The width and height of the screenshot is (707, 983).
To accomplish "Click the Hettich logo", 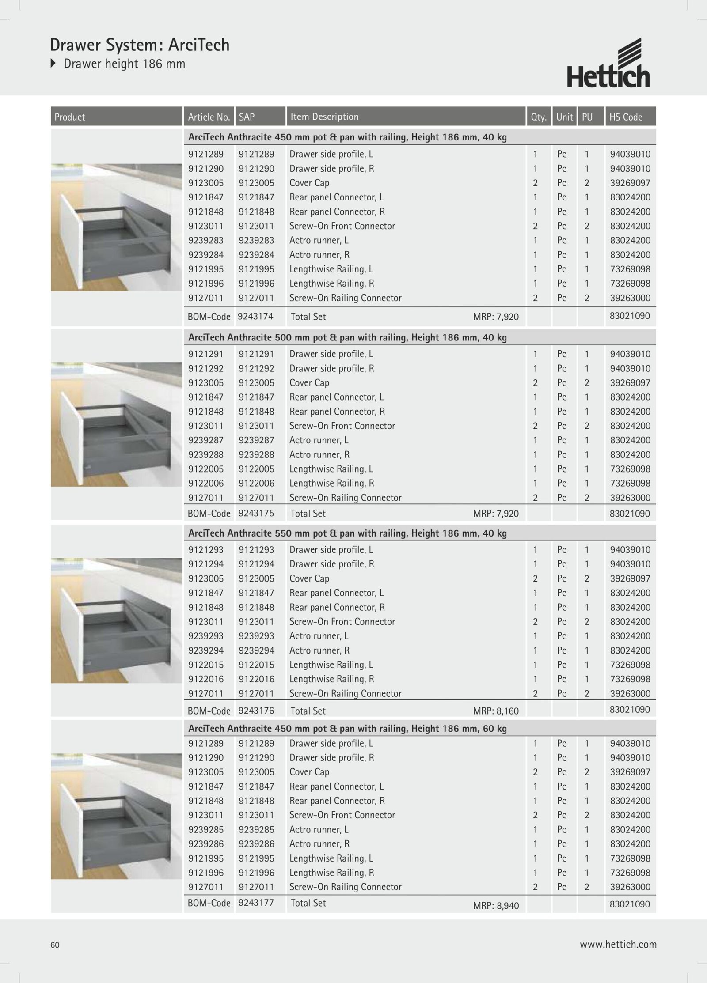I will coord(608,64).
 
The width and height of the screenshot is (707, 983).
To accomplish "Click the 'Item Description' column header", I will coord(324,117).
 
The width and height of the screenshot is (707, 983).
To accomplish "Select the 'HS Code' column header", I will coord(626,117).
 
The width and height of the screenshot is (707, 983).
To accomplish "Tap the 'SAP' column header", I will coord(247,117).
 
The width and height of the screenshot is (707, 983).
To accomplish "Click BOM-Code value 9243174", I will coord(255,316).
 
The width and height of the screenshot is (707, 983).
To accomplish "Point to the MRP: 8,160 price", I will coord(496,711).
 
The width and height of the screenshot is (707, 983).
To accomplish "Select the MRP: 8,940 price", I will coord(496,906).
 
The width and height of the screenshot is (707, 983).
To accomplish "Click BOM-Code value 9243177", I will coord(256,903).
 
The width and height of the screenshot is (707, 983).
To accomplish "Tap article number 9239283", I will coord(206,240).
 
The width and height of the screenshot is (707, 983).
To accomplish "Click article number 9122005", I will coord(206,469).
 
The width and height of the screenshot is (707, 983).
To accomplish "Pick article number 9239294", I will coord(206,650).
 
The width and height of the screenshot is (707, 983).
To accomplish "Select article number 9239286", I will coord(206,844).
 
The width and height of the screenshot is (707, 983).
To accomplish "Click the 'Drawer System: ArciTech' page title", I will coord(140,45).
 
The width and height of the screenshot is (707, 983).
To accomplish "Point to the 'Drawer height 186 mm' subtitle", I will coord(124,64).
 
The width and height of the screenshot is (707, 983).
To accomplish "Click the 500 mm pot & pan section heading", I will coord(347,337).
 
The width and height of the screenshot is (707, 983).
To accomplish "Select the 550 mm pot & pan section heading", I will coord(347,533).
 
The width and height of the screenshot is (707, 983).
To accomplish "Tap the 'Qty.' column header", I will coord(539,117).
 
